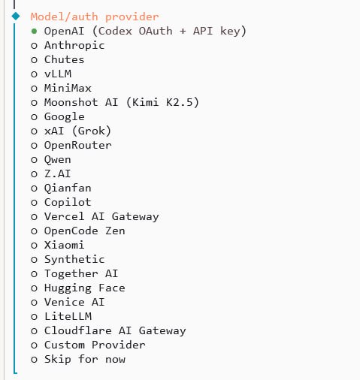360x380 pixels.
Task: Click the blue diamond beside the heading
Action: [x=15, y=16]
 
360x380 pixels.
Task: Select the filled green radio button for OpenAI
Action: [x=34, y=31]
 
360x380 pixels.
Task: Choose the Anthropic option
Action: [x=74, y=45]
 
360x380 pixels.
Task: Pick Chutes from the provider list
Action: [x=64, y=59]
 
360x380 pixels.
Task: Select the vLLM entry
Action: [x=58, y=74]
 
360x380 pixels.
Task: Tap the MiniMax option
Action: [x=67, y=88]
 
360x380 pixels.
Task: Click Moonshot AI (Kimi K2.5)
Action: [x=121, y=102]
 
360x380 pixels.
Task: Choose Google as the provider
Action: [x=64, y=116]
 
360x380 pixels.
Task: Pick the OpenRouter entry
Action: [x=77, y=145]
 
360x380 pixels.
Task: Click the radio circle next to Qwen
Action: [x=34, y=159]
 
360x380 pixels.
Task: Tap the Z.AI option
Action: [x=58, y=173]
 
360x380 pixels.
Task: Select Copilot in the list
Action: [x=67, y=202]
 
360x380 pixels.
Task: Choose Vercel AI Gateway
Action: [x=101, y=216]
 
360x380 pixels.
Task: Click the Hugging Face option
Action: [x=84, y=288]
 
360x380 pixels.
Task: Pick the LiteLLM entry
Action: [x=67, y=316]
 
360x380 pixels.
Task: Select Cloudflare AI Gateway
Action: [x=114, y=330]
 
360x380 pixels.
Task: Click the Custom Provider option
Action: [x=94, y=345]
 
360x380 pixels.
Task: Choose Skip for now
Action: [x=84, y=359]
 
